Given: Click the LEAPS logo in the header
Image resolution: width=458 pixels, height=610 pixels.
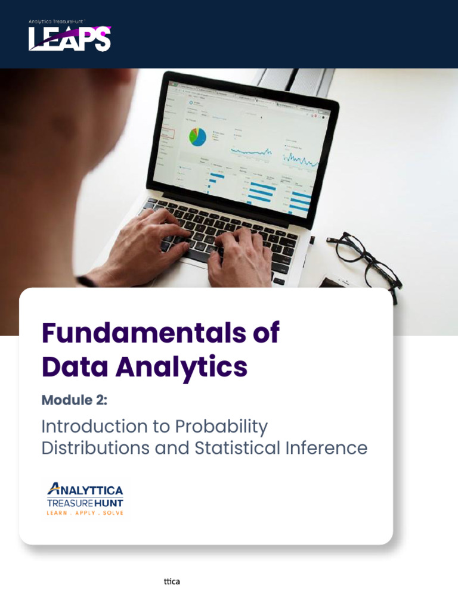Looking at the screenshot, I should pyautogui.click(x=70, y=39).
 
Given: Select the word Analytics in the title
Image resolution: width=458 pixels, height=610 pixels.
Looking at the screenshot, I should pyautogui.click(x=181, y=368).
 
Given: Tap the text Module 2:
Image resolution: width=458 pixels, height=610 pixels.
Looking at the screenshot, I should pyautogui.click(x=74, y=400).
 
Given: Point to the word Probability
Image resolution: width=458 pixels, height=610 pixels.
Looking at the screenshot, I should pyautogui.click(x=221, y=427).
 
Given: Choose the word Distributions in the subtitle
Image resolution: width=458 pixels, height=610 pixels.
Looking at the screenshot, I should pyautogui.click(x=95, y=448).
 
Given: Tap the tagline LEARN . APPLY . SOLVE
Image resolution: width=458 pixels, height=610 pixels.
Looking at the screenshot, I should pyautogui.click(x=85, y=513).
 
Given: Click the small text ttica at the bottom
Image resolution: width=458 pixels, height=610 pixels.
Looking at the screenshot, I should pyautogui.click(x=172, y=581).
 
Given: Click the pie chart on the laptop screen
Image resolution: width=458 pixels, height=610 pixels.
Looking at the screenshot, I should pyautogui.click(x=197, y=136).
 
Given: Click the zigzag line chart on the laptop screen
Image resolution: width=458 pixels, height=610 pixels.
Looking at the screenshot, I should pyautogui.click(x=301, y=158).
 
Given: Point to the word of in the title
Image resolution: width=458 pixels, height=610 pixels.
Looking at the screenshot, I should pyautogui.click(x=265, y=332).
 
